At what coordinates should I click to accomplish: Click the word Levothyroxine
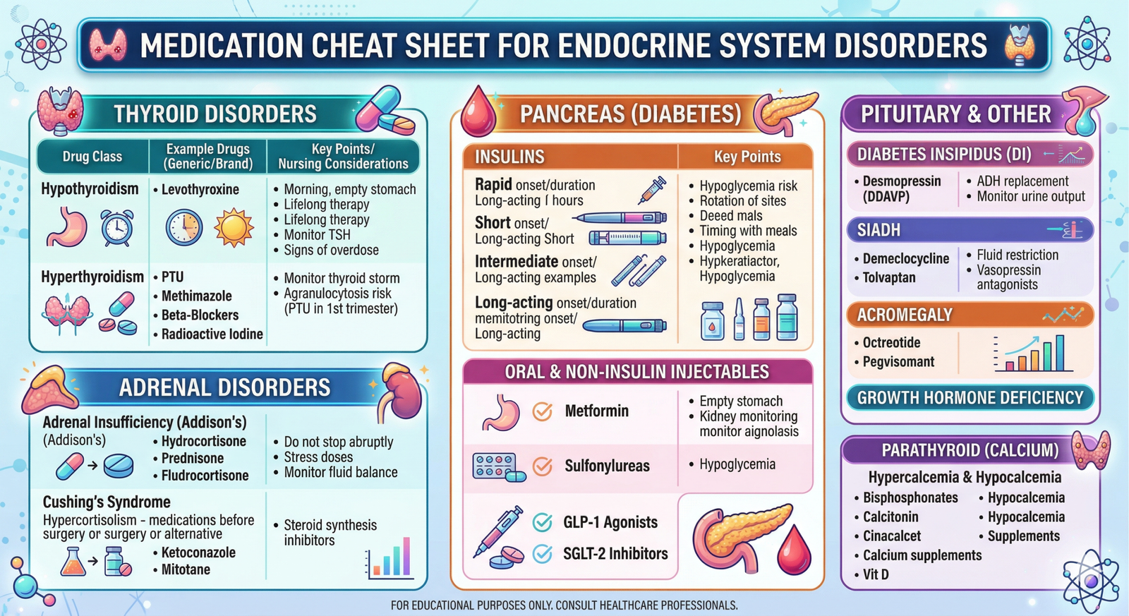(200, 190)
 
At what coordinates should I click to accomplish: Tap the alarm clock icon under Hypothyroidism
(116, 227)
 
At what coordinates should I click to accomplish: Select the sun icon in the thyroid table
(234, 228)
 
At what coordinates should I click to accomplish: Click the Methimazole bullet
(196, 296)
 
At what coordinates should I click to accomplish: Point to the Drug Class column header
(92, 157)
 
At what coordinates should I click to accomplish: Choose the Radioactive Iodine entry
(212, 334)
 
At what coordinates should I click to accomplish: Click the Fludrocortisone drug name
(205, 476)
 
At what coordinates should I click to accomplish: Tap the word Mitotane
(186, 569)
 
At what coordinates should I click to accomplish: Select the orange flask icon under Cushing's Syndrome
(72, 562)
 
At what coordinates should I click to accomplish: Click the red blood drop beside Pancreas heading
(478, 112)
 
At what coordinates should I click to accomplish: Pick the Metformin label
(596, 411)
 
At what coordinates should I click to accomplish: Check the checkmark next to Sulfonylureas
(542, 466)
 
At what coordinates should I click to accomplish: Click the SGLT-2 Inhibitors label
(615, 554)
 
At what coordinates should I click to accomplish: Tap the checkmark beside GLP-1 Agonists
(542, 522)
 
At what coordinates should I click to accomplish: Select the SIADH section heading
(879, 230)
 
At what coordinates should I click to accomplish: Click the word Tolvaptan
(889, 278)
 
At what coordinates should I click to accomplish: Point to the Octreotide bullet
(891, 343)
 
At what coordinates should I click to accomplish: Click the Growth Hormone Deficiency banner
(970, 398)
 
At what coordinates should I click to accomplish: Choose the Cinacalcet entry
(892, 536)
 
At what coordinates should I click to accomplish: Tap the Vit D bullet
(876, 574)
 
